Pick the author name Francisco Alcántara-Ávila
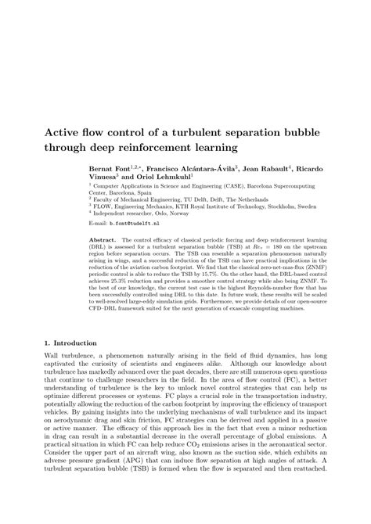point(194,168)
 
